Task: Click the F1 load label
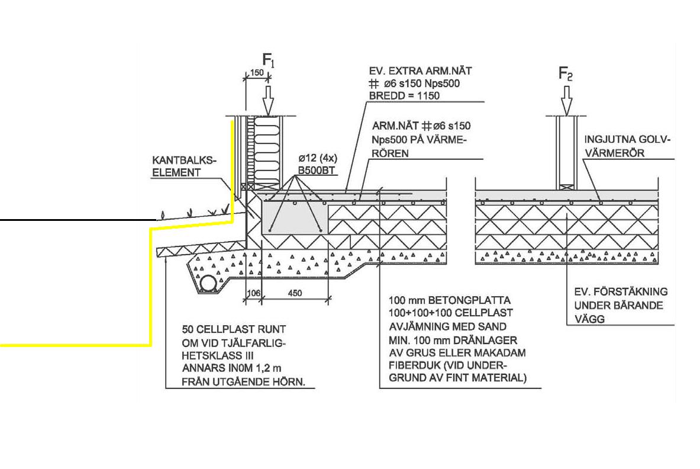pos(268,60)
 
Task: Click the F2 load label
pos(566,74)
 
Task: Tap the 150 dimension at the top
pos(256,72)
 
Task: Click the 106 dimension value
pos(253,293)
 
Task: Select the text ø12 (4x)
pos(317,159)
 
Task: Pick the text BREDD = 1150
pos(404,96)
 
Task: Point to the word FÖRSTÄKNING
pos(630,292)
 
